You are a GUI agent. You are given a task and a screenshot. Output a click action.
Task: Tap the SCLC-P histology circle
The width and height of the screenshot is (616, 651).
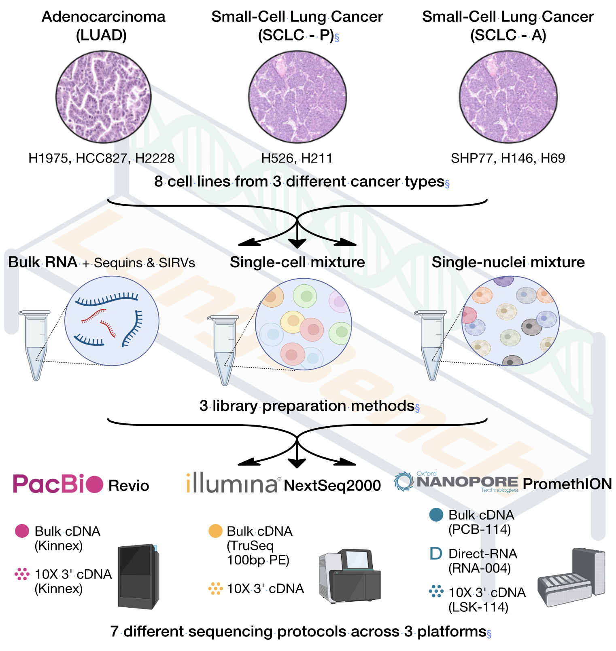297,97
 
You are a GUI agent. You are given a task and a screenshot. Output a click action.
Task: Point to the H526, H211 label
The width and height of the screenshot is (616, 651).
297,158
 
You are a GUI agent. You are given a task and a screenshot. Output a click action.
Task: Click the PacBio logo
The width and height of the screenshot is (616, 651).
58,484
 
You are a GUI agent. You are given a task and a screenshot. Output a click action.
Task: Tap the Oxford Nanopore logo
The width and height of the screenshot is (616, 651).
456,482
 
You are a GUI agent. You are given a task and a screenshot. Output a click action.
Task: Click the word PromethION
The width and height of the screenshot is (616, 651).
567,484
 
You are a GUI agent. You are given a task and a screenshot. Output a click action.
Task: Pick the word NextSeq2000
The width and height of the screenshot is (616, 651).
332,485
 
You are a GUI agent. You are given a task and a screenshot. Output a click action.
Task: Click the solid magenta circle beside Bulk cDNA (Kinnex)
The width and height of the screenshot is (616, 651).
22,531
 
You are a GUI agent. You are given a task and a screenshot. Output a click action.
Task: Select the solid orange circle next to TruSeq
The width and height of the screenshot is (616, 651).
215,531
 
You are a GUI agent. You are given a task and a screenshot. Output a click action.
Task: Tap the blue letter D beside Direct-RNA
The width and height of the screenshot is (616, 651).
435,554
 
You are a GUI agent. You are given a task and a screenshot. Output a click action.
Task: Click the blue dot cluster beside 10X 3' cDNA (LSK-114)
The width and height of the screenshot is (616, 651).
436,592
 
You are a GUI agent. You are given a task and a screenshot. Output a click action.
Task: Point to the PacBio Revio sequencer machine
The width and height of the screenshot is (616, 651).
138,577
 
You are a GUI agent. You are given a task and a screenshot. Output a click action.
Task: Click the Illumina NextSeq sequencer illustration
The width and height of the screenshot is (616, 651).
350,576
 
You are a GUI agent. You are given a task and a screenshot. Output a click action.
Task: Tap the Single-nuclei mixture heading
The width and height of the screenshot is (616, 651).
508,262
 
